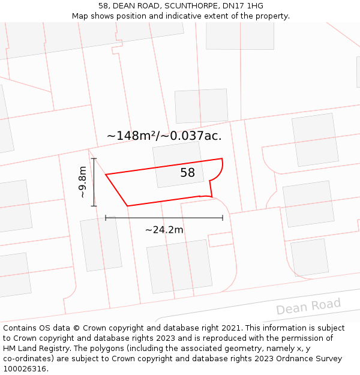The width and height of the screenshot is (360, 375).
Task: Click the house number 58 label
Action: pyautogui.click(x=187, y=173)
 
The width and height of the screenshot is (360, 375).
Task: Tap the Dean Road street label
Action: pyautogui.click(x=308, y=306)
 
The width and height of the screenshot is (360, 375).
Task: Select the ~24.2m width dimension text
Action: pyautogui.click(x=164, y=229)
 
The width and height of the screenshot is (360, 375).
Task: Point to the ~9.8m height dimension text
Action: pyautogui.click(x=83, y=182)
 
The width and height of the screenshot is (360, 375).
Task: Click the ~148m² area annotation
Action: pyautogui.click(x=131, y=136)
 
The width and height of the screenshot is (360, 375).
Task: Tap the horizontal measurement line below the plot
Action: pyautogui.click(x=164, y=218)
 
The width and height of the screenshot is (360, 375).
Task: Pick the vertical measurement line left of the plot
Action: pyautogui.click(x=94, y=182)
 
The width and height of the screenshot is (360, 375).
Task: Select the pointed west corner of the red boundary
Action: pyautogui.click(x=107, y=175)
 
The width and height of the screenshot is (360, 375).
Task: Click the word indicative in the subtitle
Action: pyautogui.click(x=207, y=16)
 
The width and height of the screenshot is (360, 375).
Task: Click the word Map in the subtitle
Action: pyautogui.click(x=80, y=16)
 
